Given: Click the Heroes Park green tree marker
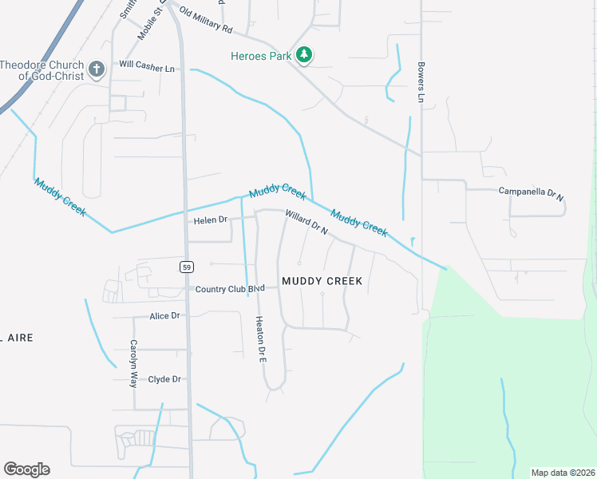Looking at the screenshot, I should click(303, 55).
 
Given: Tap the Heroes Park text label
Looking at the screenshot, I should click(259, 56).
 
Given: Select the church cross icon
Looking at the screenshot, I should click(97, 69).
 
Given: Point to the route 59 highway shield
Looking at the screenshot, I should click(186, 267).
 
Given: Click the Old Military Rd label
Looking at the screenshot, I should click(205, 22).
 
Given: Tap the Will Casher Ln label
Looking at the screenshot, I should click(147, 69).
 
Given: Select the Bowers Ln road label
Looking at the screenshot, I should click(420, 82).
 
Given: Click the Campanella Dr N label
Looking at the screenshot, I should click(531, 192).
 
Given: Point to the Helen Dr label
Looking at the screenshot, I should click(211, 220).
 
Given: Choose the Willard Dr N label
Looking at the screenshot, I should click(306, 222).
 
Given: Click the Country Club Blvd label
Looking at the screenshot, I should click(230, 289).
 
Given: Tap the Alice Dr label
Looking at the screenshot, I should click(165, 316).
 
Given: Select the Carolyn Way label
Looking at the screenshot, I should click(134, 363).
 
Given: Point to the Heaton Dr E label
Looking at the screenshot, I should click(259, 338).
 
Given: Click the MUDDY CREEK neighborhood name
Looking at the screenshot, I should click(322, 281).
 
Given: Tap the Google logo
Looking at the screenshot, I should click(26, 469).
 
